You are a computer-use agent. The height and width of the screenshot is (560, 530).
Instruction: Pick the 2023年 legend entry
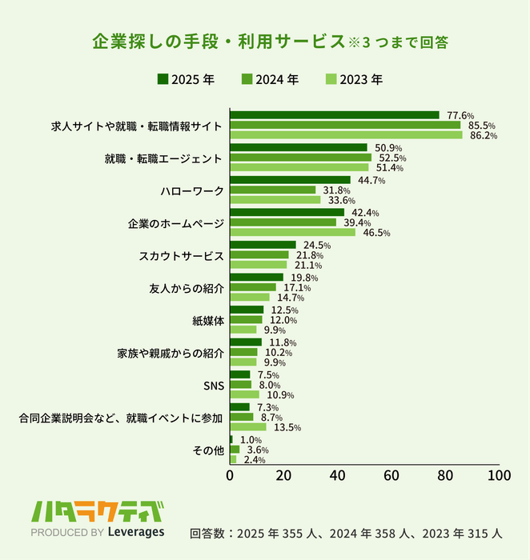tap(355, 79)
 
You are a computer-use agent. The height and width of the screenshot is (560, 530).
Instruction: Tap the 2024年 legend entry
tap(270, 79)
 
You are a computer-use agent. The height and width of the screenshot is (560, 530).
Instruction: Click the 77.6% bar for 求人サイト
tap(335, 115)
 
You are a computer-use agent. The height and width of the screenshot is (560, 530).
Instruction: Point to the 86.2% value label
tap(484, 136)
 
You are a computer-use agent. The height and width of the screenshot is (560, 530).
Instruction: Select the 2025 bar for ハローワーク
tap(290, 180)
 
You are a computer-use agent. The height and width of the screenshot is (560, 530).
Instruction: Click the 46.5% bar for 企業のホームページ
tap(292, 233)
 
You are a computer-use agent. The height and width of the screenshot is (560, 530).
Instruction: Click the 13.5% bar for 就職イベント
tap(248, 427)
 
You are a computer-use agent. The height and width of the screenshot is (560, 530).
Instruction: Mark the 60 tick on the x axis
tap(391, 475)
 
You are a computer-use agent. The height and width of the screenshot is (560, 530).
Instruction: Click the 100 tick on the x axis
tap(499, 475)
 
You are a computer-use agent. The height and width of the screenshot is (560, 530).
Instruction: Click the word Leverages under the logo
tap(135, 532)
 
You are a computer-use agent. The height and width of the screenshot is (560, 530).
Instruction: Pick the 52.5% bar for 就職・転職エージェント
tap(300, 158)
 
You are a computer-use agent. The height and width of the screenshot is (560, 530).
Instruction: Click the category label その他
tap(209, 450)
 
